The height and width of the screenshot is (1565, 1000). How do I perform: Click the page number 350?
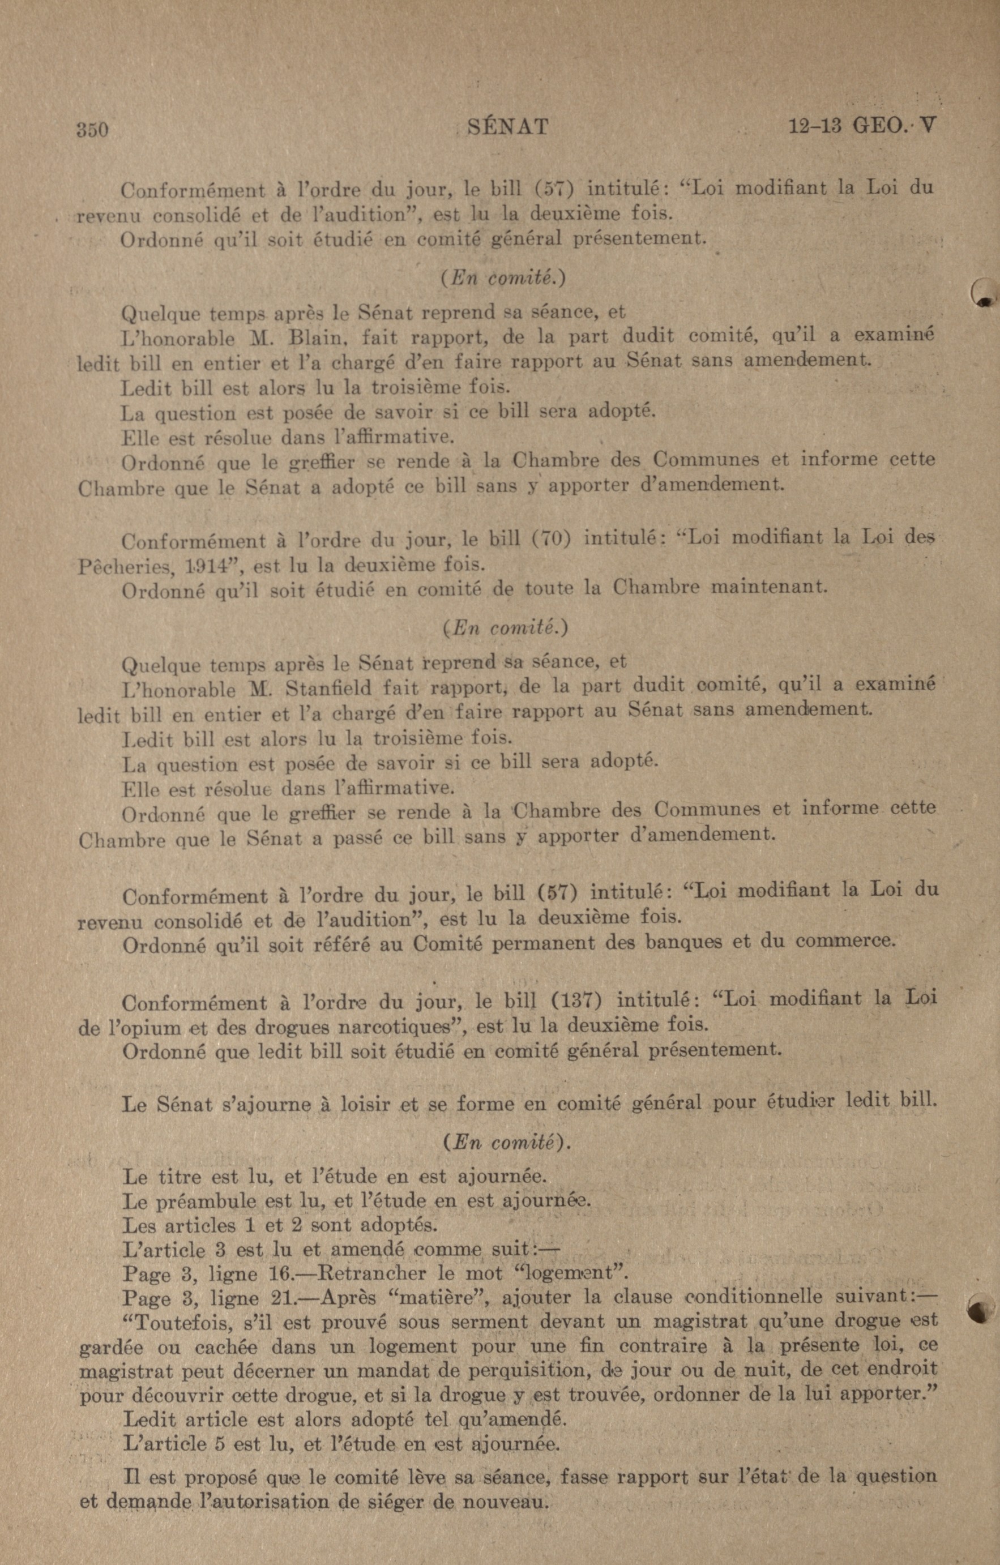click(92, 129)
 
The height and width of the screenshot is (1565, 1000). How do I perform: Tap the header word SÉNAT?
click(508, 126)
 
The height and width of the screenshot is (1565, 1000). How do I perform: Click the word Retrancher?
click(371, 1272)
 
